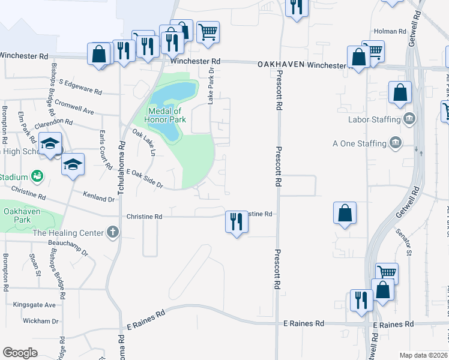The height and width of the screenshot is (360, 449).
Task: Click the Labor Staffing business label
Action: click(375, 119)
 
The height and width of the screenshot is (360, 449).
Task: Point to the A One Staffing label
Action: click(360, 143)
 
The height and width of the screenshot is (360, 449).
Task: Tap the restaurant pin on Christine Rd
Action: click(237, 222)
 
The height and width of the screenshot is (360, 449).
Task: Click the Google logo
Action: click(20, 353)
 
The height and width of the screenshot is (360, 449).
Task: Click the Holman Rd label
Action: click(390, 31)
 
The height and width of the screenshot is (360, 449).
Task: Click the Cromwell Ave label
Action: click(74, 107)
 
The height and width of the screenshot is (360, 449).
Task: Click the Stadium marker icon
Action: click(37, 176)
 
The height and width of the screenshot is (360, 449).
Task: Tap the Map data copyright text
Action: click(424, 355)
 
